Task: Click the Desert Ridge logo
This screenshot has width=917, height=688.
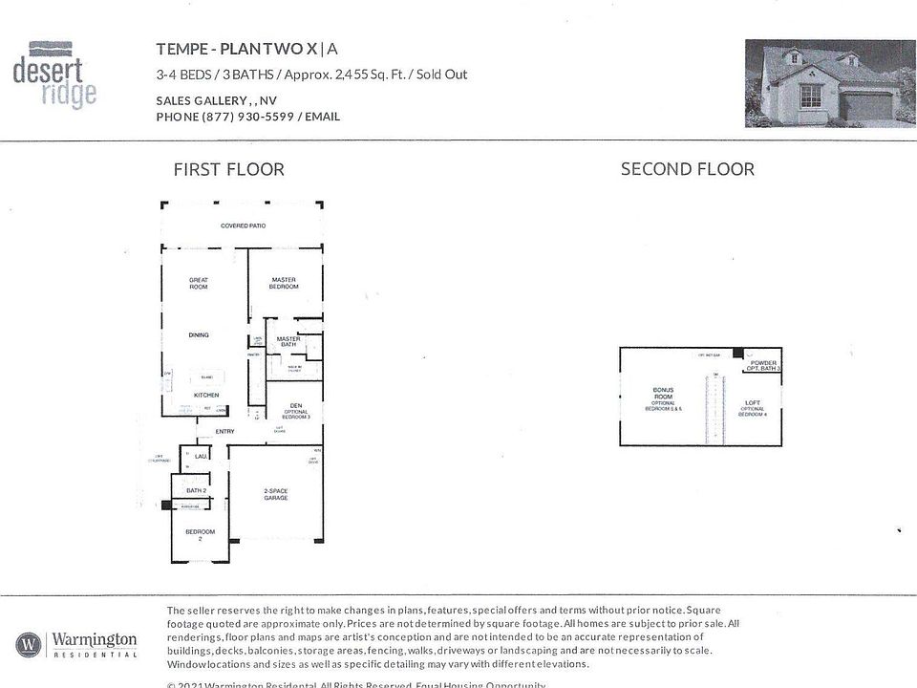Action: (x=55, y=73)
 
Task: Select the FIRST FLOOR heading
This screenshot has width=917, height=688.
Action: (x=228, y=170)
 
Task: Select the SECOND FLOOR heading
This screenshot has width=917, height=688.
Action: (x=687, y=169)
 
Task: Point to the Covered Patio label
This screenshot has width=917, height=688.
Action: (x=243, y=226)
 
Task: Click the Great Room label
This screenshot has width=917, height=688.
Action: (x=199, y=284)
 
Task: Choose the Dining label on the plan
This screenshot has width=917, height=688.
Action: (x=199, y=335)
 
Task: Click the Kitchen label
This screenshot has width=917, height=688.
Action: (x=206, y=395)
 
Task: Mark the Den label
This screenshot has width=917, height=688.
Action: (x=296, y=406)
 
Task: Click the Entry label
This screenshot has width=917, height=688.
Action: (x=225, y=432)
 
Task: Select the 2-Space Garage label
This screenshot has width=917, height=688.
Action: (x=277, y=494)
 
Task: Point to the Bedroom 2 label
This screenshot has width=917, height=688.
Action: (x=201, y=534)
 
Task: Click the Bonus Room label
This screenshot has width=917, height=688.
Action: (x=663, y=395)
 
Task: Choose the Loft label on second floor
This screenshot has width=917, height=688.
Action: (x=753, y=403)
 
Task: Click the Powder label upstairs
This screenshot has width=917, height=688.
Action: (x=763, y=362)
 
